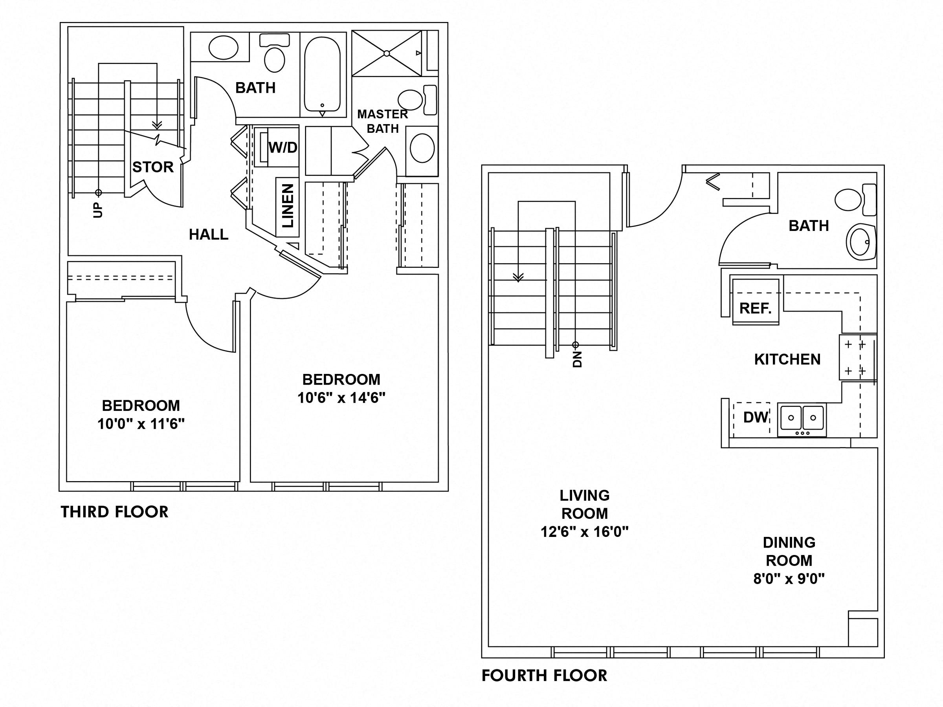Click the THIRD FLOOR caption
(114, 512)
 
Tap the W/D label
(283, 148)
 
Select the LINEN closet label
(288, 205)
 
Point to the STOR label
(152, 167)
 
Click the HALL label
(209, 234)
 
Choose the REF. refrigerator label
(756, 308)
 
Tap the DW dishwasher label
(756, 417)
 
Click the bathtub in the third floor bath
(323, 75)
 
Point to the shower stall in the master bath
(386, 53)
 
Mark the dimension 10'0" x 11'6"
(141, 424)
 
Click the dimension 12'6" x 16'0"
(585, 532)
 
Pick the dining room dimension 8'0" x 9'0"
(789, 579)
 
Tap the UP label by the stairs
(98, 210)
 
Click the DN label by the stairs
(577, 359)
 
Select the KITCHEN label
(787, 359)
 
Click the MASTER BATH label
(382, 121)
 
